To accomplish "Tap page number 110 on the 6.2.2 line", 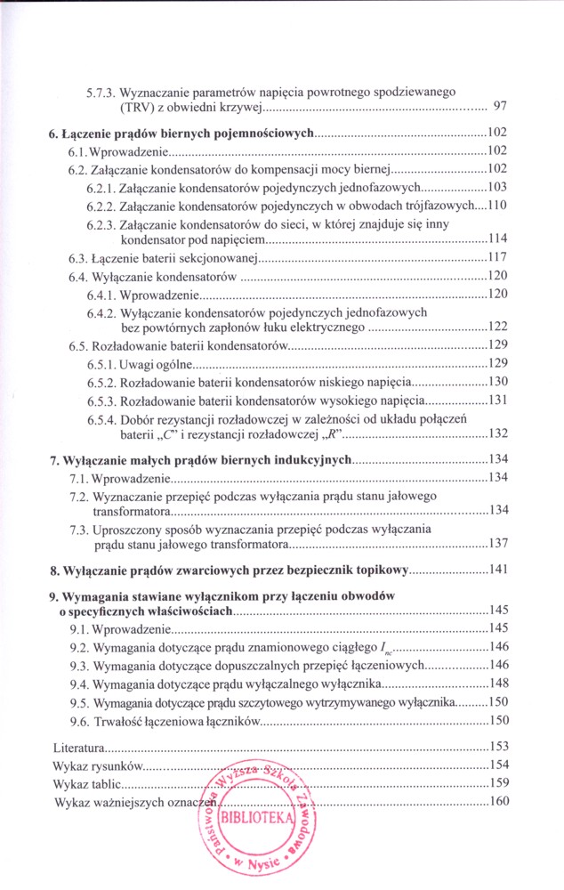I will point(497,206).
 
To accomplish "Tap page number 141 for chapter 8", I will point(497,570).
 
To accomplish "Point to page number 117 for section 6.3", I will point(497,258).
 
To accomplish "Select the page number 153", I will point(497,746).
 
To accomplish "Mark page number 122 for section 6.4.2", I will point(497,327).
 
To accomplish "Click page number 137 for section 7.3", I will point(497,544).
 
